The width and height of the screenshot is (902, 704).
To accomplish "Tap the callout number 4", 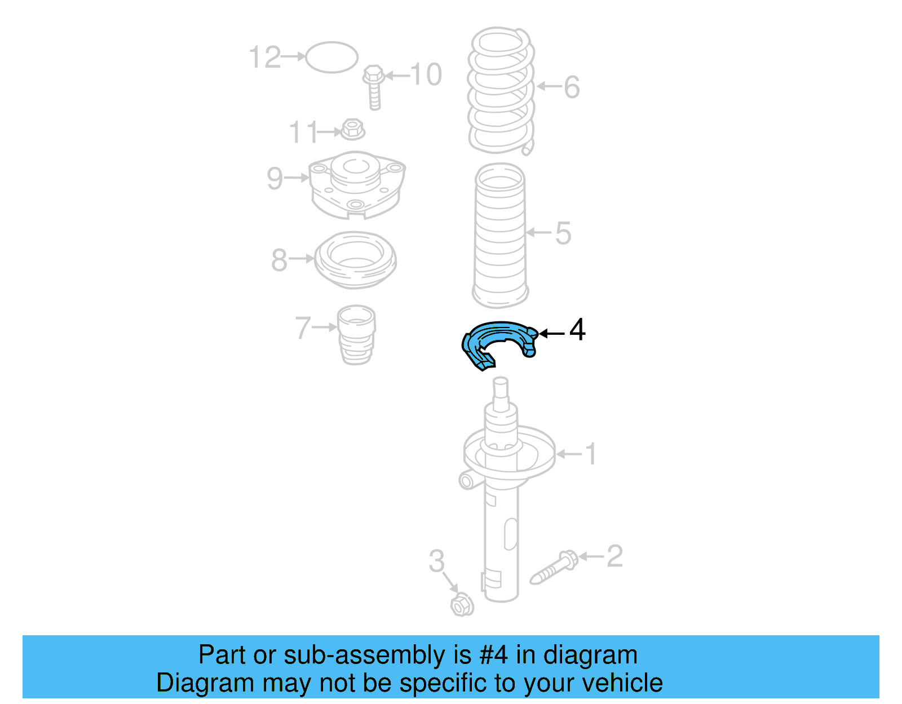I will pyautogui.click(x=577, y=330).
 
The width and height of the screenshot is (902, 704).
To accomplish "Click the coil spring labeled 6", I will pyautogui.click(x=501, y=90).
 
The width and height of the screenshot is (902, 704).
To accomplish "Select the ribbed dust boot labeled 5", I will pyautogui.click(x=500, y=236).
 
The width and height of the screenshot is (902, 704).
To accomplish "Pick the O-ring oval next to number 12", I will pyautogui.click(x=331, y=57).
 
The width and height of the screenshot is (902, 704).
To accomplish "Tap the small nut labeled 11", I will pyautogui.click(x=352, y=130).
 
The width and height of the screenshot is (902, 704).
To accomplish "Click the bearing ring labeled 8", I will pyautogui.click(x=355, y=260).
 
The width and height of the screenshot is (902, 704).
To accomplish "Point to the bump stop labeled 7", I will pyautogui.click(x=356, y=334).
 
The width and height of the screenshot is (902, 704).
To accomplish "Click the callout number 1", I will pyautogui.click(x=590, y=454).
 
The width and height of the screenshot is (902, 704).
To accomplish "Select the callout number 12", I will pyautogui.click(x=264, y=57).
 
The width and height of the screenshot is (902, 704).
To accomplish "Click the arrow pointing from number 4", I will pyautogui.click(x=551, y=334).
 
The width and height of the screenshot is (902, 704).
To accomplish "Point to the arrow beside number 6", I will pyautogui.click(x=549, y=86).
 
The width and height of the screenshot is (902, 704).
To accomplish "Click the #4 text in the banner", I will pyautogui.click(x=493, y=656).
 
